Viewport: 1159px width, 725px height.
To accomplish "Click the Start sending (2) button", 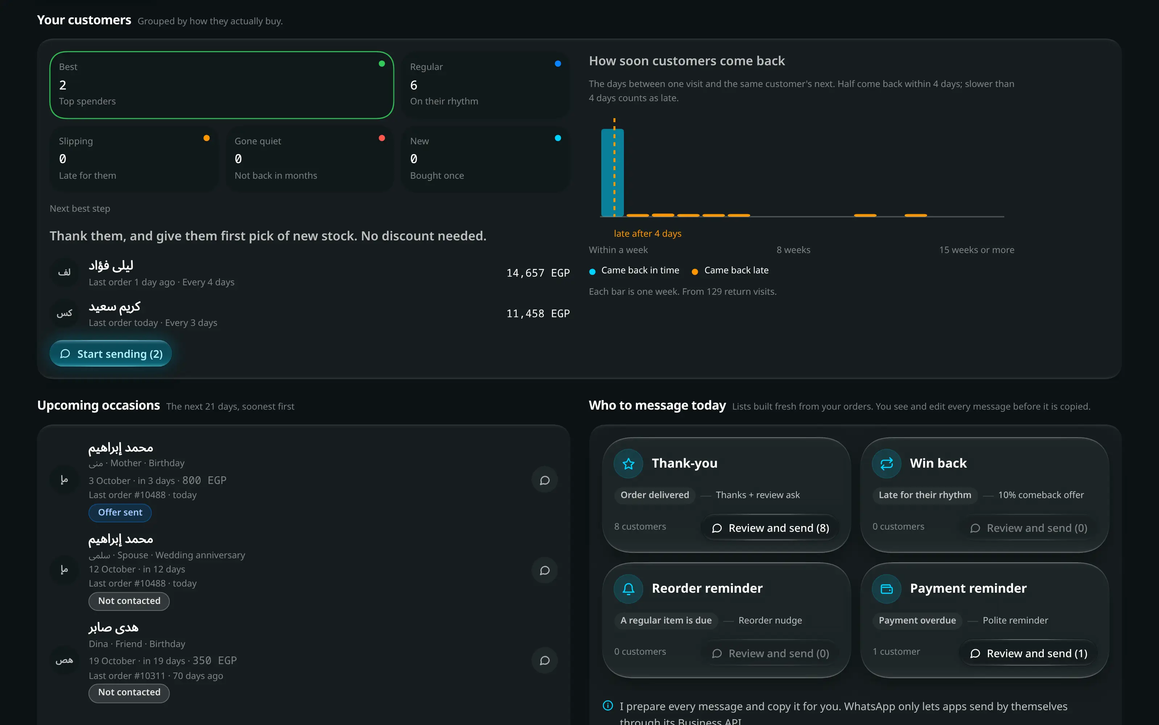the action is tap(111, 353).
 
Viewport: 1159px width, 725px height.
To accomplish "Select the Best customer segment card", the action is tap(221, 85).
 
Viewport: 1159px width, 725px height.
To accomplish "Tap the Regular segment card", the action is tap(485, 85).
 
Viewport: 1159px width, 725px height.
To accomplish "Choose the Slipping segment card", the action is tap(134, 159).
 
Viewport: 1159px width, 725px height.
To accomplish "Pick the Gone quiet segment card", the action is tap(309, 159).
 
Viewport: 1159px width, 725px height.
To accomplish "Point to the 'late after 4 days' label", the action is tap(647, 233).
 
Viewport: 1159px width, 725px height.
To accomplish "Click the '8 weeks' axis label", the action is tap(793, 250).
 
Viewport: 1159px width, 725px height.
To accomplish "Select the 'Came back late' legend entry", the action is tap(730, 270).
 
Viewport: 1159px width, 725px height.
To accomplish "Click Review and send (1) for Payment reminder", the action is tap(1028, 653).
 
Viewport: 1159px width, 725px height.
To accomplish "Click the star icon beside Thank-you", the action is tap(628, 463).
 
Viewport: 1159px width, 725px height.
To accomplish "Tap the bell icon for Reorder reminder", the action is tap(628, 588).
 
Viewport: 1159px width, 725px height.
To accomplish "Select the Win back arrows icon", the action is tap(887, 463).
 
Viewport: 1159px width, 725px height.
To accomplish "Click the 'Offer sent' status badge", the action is tap(120, 512).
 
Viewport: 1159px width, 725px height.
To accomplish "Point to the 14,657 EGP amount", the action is tap(538, 273).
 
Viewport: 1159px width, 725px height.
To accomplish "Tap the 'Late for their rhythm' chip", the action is tap(925, 495).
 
